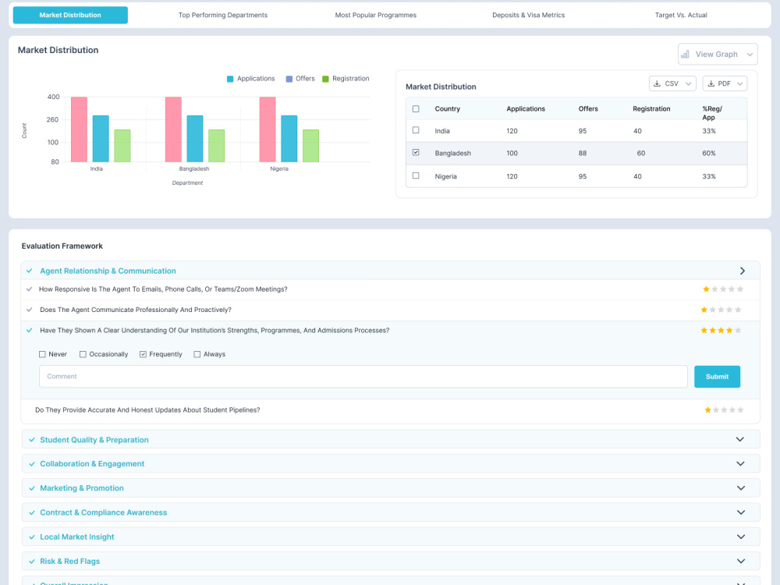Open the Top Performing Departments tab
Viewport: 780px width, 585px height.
223,15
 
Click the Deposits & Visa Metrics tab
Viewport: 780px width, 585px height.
528,15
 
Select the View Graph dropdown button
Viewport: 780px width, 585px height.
718,55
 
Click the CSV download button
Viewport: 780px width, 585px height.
672,83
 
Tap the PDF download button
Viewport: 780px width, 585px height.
725,83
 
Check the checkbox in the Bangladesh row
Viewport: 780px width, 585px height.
416,152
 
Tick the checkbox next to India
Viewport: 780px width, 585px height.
416,130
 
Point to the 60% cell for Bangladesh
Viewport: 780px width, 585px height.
709,153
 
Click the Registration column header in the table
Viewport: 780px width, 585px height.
651,109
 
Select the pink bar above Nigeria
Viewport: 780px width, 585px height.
267,129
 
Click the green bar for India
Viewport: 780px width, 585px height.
122,146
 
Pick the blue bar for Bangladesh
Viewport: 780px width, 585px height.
195,139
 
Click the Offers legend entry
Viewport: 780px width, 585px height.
300,79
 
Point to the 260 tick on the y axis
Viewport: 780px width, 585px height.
53,120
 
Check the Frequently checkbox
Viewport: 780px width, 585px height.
143,354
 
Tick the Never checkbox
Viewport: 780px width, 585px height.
42,354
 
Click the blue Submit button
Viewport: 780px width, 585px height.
717,377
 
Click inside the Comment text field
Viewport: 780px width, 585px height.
363,377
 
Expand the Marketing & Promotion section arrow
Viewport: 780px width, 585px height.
741,488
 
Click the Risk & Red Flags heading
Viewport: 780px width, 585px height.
69,561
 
